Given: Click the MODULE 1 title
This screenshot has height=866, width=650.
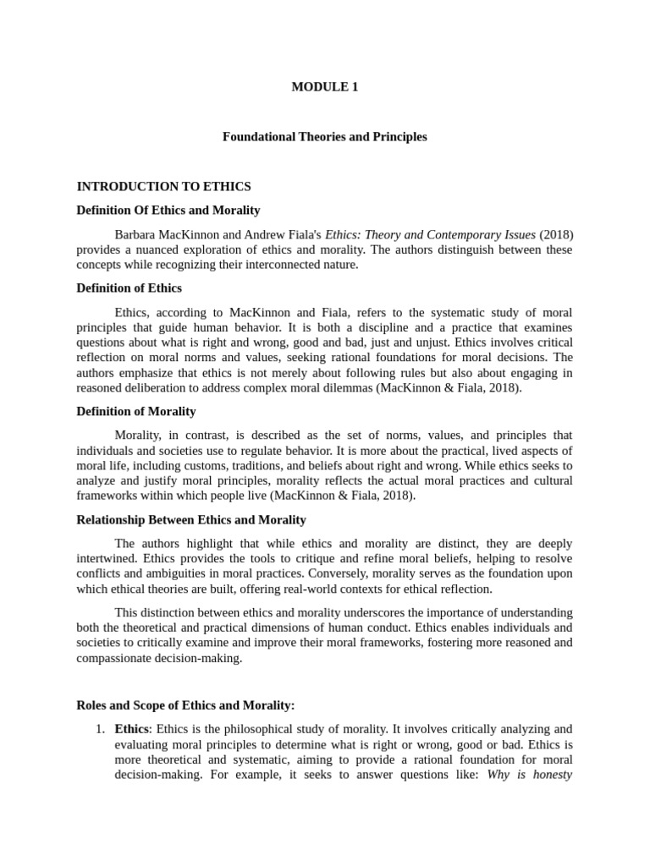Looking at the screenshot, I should coord(324,86).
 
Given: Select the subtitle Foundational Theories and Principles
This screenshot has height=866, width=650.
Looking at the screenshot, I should coord(324,136).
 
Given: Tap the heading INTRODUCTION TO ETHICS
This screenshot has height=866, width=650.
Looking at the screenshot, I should coord(163,186).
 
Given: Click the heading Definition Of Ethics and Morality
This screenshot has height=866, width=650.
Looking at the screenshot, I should coord(168,210).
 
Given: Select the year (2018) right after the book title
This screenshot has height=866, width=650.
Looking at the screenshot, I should coord(556,233).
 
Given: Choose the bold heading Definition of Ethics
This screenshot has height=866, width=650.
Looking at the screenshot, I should coord(129,288).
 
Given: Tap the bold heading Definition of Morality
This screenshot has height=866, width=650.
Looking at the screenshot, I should coord(135,411).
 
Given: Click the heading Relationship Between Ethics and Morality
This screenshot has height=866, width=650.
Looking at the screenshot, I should coord(191,519).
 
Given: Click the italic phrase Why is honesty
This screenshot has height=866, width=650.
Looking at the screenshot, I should coord(530,775).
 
